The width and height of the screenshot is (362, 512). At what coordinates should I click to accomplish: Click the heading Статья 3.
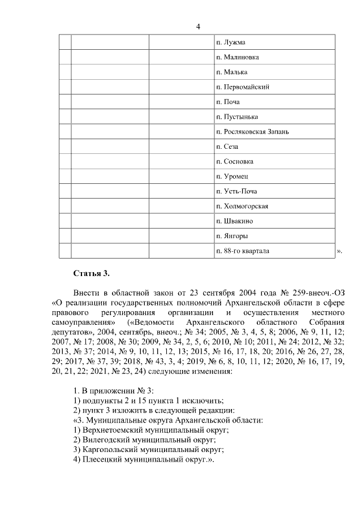(91, 274)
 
